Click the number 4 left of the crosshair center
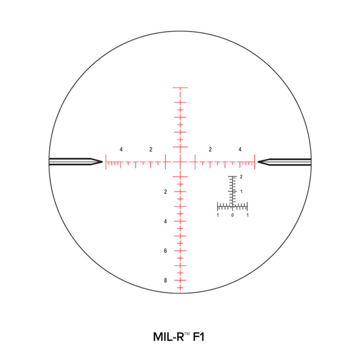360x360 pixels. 121,149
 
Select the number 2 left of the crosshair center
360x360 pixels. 151,149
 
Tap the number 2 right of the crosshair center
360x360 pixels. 210,149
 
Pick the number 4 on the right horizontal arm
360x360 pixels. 240,149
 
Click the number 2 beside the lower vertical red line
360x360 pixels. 166,192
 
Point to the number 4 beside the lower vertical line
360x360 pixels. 166,221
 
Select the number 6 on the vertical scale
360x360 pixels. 166,251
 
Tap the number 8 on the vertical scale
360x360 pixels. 166,281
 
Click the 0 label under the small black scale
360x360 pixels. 233,215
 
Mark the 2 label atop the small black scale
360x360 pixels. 241,177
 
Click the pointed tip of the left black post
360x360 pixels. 102,162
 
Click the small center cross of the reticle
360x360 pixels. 180,162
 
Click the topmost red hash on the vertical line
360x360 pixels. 180,88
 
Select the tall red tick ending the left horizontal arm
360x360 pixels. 106,162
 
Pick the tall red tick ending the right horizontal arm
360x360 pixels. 255,162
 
